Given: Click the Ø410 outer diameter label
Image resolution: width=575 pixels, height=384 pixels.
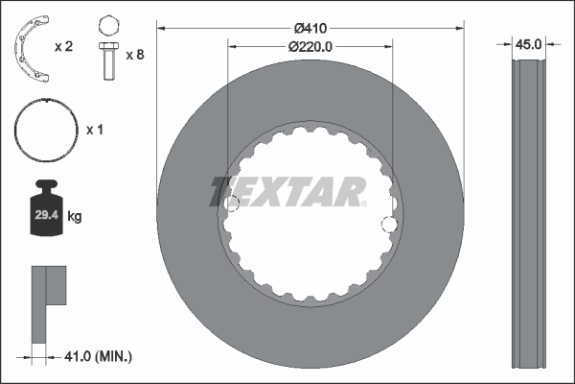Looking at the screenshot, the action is (x=310, y=28).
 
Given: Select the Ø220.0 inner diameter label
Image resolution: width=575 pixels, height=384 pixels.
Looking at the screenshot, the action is (x=310, y=47).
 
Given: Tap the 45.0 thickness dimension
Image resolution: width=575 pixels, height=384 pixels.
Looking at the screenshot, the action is (x=528, y=44).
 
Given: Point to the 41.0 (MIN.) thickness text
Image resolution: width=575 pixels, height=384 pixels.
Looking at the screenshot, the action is (x=98, y=356).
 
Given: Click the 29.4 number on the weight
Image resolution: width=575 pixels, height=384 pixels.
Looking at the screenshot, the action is (x=47, y=215).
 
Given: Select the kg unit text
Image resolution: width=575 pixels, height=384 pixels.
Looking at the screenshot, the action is (x=75, y=216).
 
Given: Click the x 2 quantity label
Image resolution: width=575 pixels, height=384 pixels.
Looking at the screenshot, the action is (x=64, y=47).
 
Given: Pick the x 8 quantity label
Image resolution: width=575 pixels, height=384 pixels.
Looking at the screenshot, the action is (x=135, y=55).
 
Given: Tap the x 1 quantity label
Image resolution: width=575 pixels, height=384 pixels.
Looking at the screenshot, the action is (x=95, y=130).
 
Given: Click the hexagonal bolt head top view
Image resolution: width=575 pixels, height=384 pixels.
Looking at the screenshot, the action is (x=109, y=26).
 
